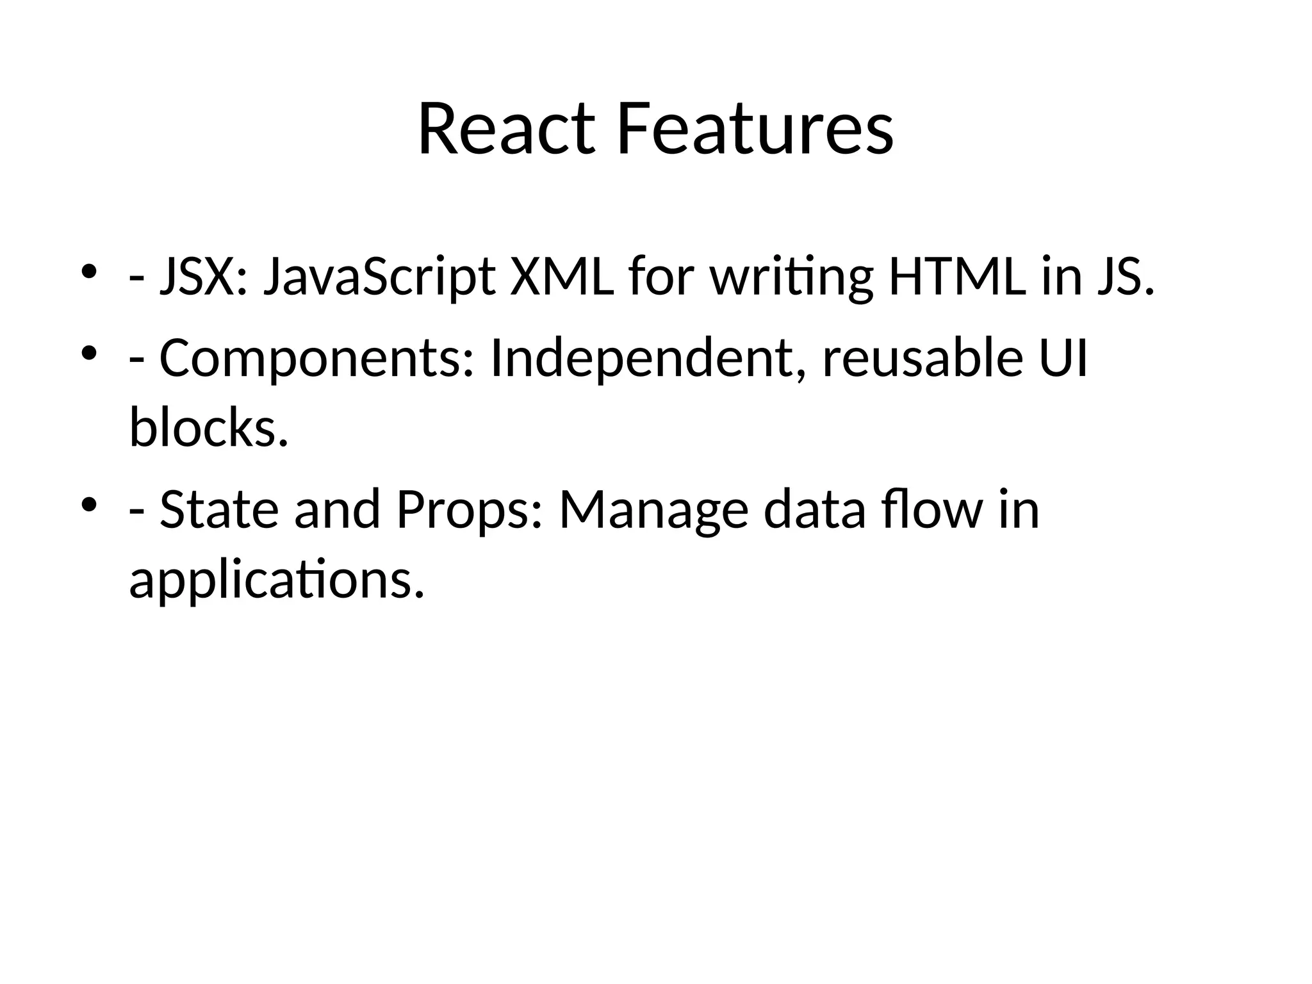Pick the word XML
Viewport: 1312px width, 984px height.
pos(562,277)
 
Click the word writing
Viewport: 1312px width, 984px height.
pos(791,277)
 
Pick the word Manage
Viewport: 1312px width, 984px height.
pos(653,509)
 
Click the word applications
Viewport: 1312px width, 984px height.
pos(277,580)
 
